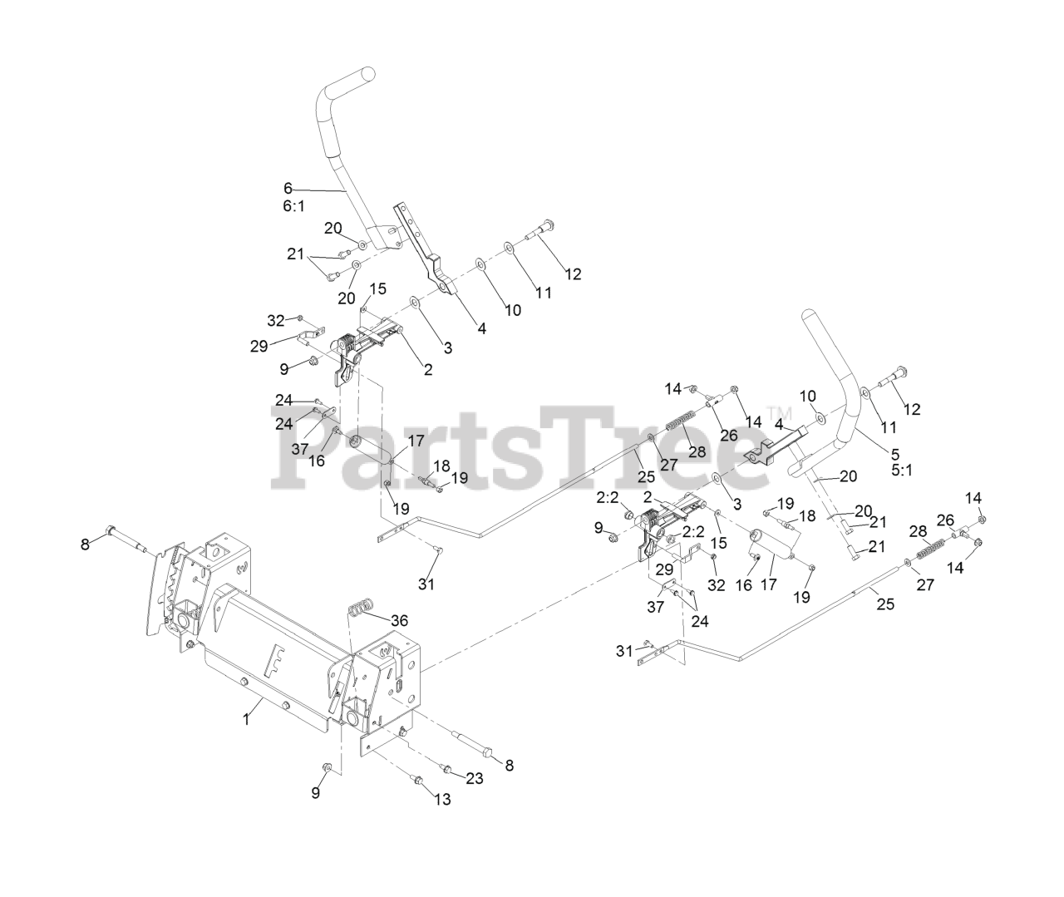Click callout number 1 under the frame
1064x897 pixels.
pos(246,720)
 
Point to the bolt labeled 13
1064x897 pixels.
pos(418,780)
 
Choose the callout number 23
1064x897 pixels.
pos(474,779)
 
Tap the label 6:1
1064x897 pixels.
pos(293,205)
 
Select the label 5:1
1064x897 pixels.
pos(901,471)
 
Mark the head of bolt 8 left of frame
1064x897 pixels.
pos(111,530)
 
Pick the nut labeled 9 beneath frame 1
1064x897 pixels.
pos(326,766)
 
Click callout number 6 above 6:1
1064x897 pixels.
pos(288,188)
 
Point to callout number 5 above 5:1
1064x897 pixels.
pos(895,454)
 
